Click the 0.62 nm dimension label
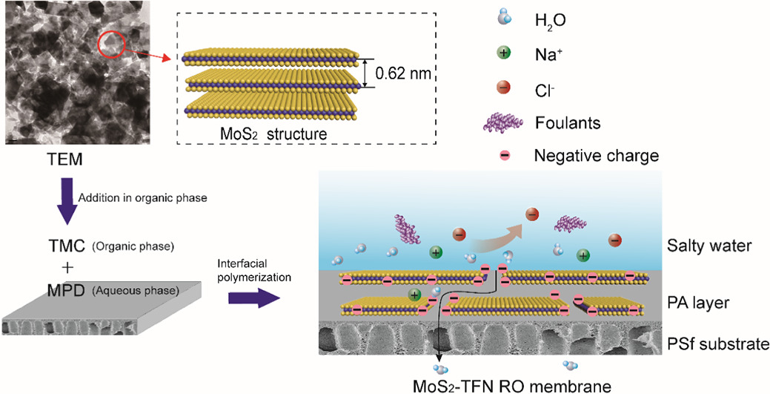pyautogui.click(x=403, y=73)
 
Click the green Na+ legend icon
pyautogui.click(x=503, y=53)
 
